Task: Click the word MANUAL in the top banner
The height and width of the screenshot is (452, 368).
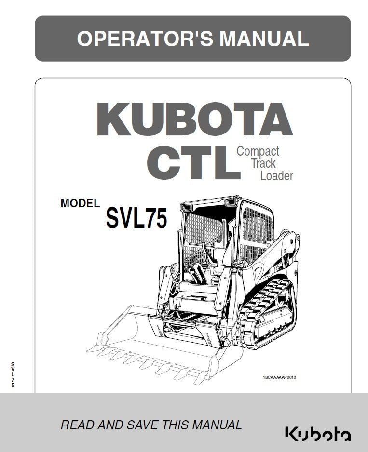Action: [x=264, y=39]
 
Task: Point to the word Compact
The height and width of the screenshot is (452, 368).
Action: [x=258, y=151]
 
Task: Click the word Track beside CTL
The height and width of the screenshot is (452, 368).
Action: [x=263, y=163]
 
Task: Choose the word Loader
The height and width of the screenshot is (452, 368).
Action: [x=276, y=175]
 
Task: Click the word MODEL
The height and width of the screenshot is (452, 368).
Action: [x=80, y=203]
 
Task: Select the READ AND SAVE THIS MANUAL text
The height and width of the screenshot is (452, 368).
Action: [x=151, y=425]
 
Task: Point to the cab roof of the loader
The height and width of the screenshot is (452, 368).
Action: [x=212, y=201]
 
